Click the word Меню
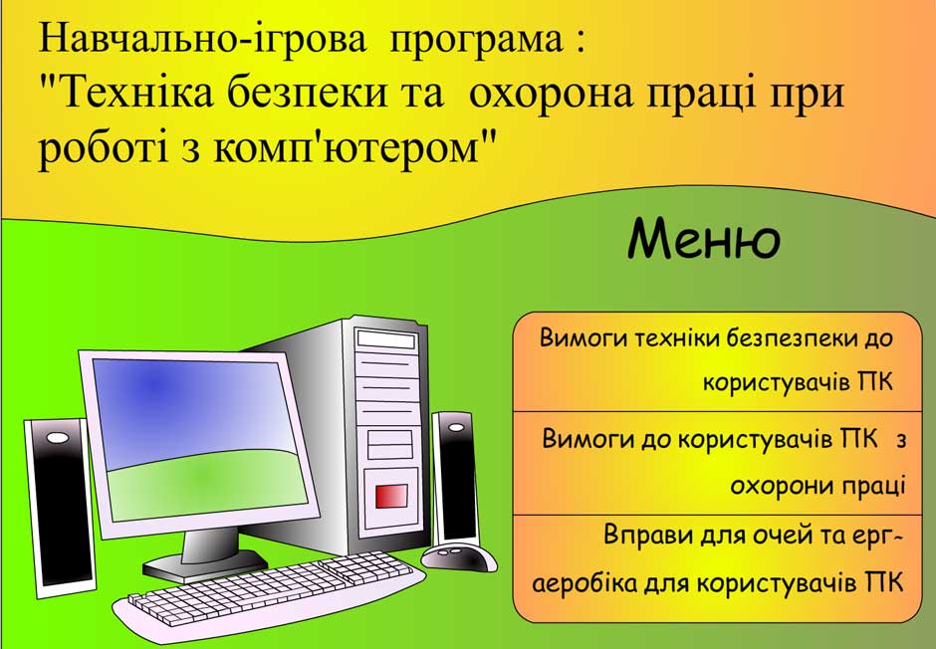click(x=704, y=239)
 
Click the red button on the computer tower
click(x=391, y=497)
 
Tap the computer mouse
click(x=459, y=557)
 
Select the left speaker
click(x=59, y=508)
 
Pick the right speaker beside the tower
click(x=455, y=478)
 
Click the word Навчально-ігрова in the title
click(x=202, y=39)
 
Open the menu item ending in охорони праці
click(x=724, y=462)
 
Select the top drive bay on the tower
click(x=385, y=339)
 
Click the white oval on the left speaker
click(x=58, y=438)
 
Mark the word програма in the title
click(x=476, y=41)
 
